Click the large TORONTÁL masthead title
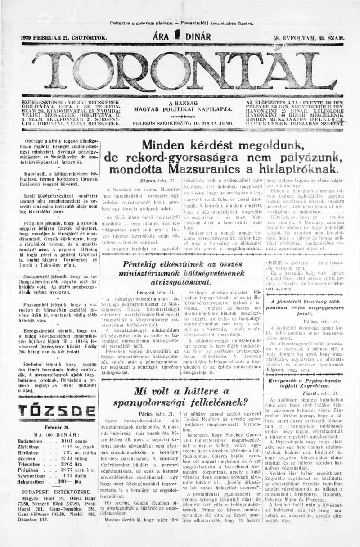[180, 72]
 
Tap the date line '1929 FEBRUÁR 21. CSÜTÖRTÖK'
[64, 38]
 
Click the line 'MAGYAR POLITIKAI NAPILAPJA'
[183, 109]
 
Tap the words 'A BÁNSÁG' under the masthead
[183, 103]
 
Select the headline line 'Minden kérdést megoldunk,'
[223, 145]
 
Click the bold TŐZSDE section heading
[57, 410]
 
